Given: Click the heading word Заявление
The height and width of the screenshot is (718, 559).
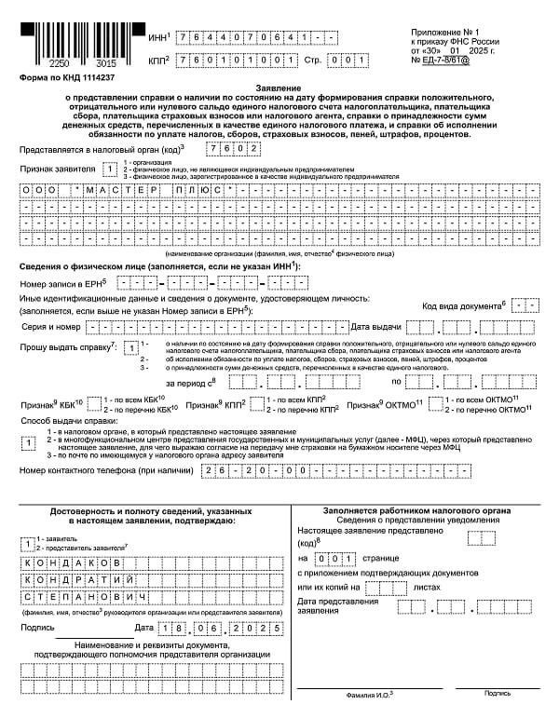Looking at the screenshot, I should pyautogui.click(x=279, y=85).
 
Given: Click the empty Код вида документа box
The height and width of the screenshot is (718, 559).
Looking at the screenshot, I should pyautogui.click(x=527, y=305).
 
